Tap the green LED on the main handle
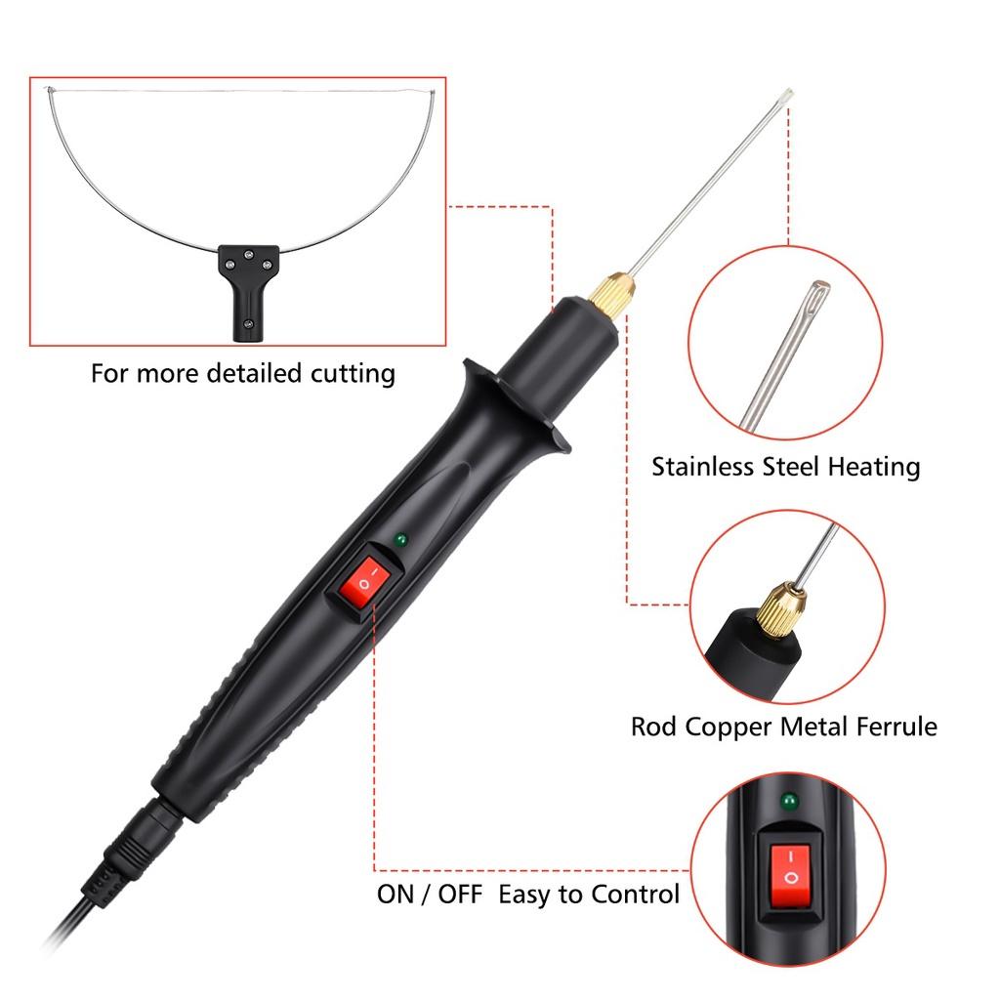398,539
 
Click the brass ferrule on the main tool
612,291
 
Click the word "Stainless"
702,466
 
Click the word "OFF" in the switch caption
458,894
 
